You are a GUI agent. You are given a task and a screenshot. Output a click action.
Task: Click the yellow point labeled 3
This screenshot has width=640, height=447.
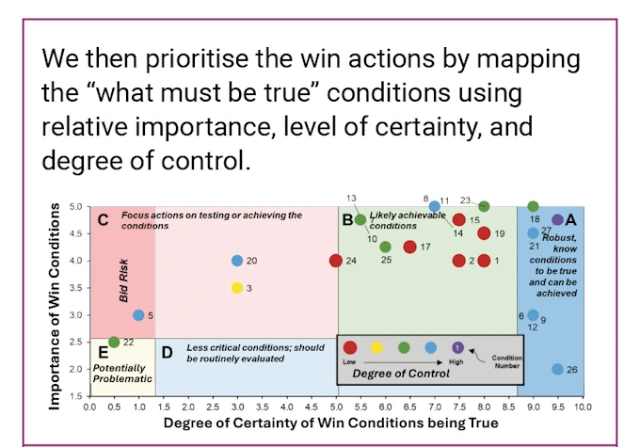pyautogui.click(x=237, y=288)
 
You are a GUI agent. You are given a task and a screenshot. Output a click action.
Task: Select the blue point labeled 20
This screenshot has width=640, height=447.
pyautogui.click(x=237, y=261)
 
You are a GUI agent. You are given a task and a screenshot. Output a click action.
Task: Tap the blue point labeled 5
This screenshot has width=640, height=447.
pyautogui.click(x=138, y=315)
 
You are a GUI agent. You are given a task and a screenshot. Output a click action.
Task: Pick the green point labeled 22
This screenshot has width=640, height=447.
pyautogui.click(x=114, y=342)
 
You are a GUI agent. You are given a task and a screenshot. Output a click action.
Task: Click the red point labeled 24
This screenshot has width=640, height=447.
pyautogui.click(x=336, y=261)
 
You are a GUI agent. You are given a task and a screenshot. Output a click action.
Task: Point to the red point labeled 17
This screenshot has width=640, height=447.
pyautogui.click(x=409, y=247)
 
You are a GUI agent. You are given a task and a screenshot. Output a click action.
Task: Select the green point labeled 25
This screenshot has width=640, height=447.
pyautogui.click(x=385, y=247)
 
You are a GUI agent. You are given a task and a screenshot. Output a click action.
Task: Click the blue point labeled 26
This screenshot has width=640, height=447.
pyautogui.click(x=557, y=369)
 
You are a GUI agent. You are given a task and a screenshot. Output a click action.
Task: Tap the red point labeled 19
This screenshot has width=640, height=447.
pyautogui.click(x=484, y=233)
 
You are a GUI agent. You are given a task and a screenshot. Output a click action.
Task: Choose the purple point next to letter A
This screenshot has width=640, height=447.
pyautogui.click(x=557, y=220)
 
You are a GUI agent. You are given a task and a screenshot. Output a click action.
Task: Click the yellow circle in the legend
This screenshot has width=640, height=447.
pyautogui.click(x=377, y=347)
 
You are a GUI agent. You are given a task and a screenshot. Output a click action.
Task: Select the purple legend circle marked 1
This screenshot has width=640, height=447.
pyautogui.click(x=457, y=347)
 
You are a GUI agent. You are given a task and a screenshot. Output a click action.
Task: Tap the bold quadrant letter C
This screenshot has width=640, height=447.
pyautogui.click(x=104, y=220)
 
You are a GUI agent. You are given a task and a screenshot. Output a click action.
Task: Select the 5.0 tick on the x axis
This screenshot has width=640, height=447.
pyautogui.click(x=336, y=407)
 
